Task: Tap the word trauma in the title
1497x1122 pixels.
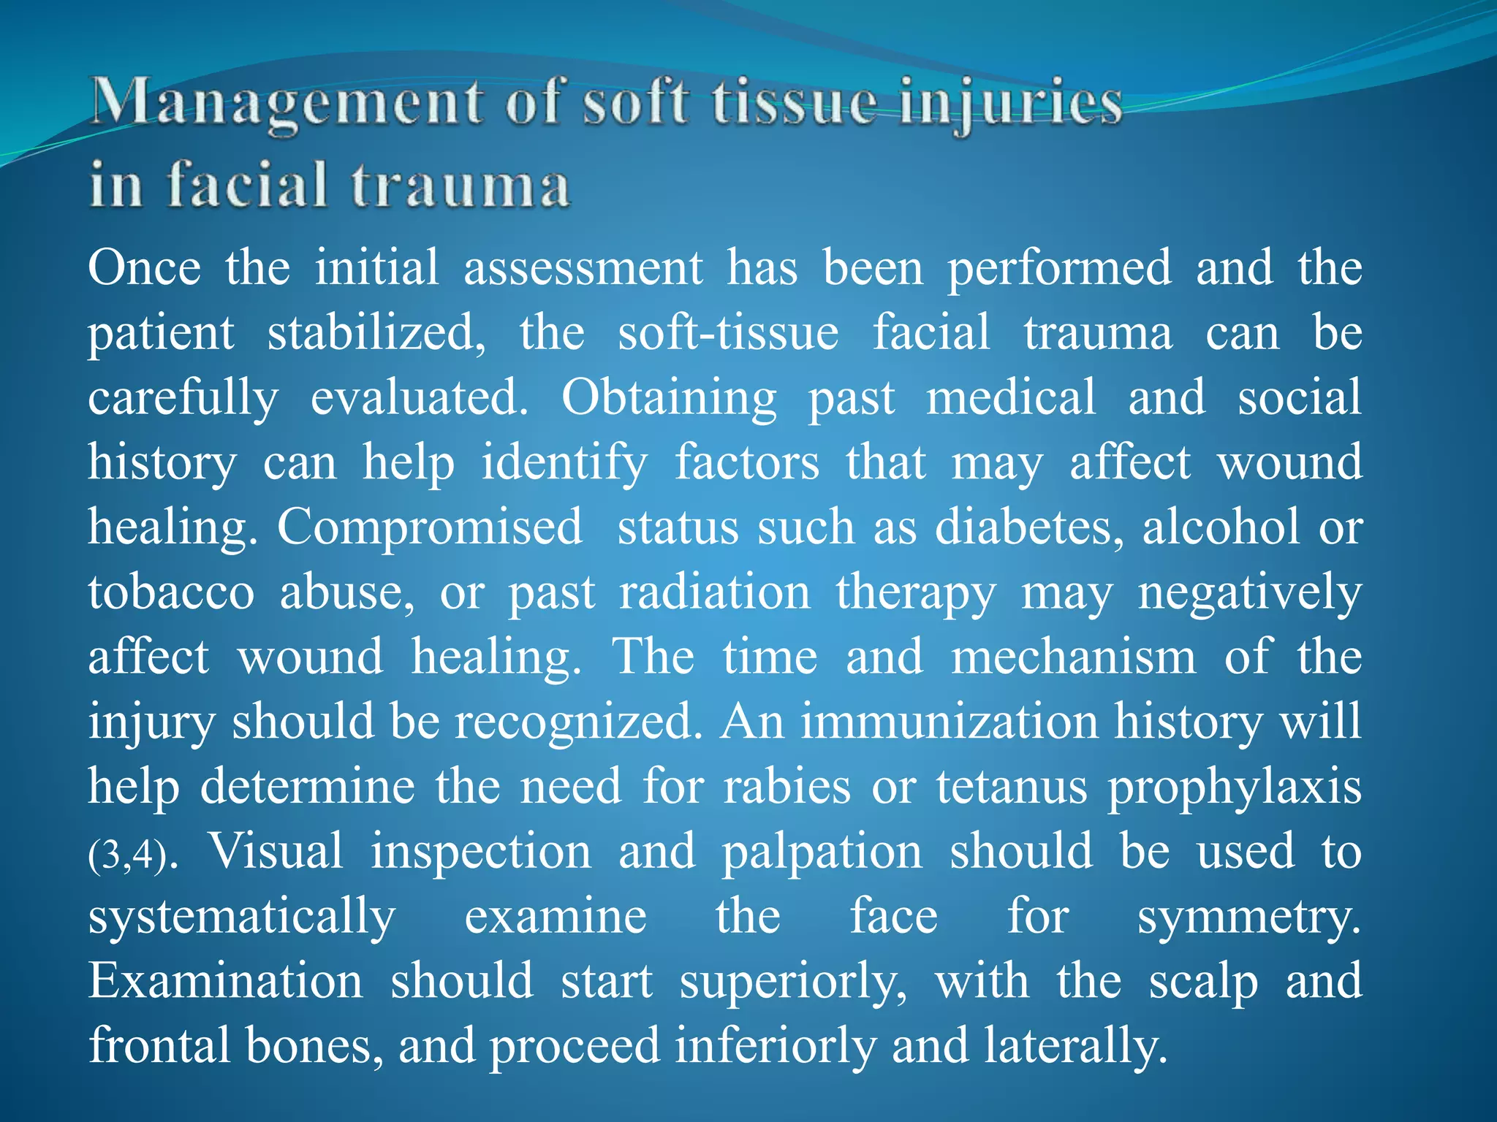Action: click(x=461, y=186)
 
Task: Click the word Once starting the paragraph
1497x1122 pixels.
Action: click(x=144, y=267)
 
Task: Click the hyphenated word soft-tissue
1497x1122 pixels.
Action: click(x=728, y=333)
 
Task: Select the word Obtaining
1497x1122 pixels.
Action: click(x=668, y=398)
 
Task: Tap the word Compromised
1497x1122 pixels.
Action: click(x=430, y=527)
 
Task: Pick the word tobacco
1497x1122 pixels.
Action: click(x=171, y=592)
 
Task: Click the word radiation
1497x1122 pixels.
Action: click(x=715, y=592)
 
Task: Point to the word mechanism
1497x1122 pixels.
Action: click(x=1073, y=657)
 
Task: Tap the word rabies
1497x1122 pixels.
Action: click(x=787, y=787)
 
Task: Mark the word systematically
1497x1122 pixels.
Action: click(x=242, y=917)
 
